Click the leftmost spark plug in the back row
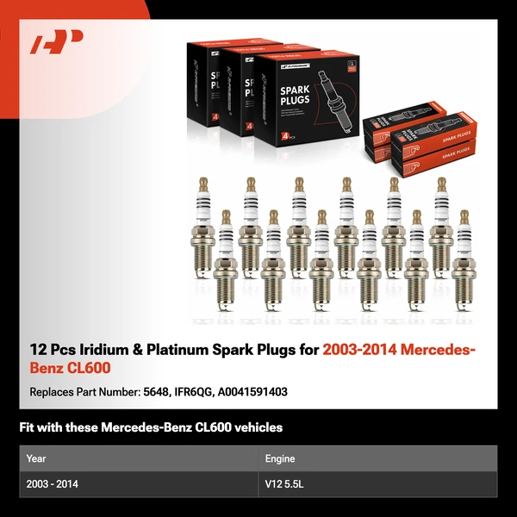203,224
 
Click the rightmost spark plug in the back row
441,224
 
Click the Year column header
36,458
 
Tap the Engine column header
281,458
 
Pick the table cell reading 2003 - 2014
53,484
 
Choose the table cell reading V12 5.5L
285,484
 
